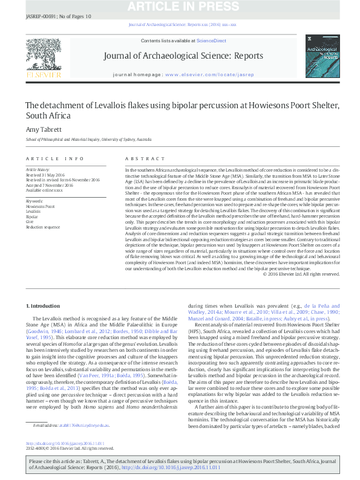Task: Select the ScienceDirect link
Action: [212, 41]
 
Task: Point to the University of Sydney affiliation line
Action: [88, 140]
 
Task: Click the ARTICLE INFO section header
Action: [55, 158]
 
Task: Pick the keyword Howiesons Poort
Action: [41, 206]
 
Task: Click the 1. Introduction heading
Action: [45, 306]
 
